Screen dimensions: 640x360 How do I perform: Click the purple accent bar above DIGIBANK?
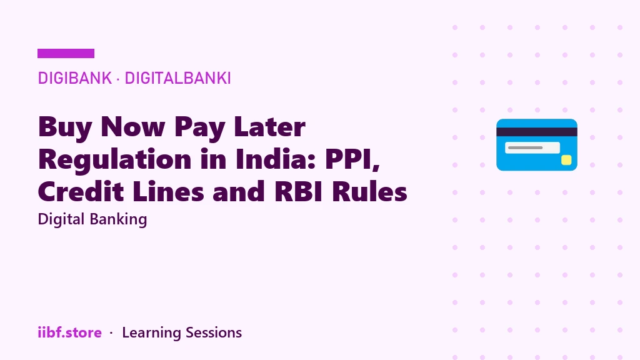pyautogui.click(x=66, y=54)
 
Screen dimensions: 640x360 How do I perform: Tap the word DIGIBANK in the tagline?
pyautogui.click(x=75, y=78)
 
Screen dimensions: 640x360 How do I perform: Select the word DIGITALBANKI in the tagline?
pyautogui.click(x=177, y=78)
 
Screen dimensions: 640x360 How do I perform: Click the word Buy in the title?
pyautogui.click(x=65, y=127)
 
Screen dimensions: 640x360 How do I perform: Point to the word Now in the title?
pyautogui.click(x=132, y=127)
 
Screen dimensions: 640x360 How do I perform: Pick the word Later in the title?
pyautogui.click(x=269, y=127)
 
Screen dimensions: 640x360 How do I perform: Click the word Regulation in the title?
pyautogui.click(x=115, y=159)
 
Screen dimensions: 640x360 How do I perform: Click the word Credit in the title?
pyautogui.click(x=81, y=191)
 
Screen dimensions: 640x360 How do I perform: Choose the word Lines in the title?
pyautogui.click(x=168, y=191)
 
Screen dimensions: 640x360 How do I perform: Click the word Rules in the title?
pyautogui.click(x=369, y=191)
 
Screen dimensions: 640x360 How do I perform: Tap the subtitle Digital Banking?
pyautogui.click(x=92, y=219)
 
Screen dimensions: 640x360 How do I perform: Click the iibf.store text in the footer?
pyautogui.click(x=70, y=332)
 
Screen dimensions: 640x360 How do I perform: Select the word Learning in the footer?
pyautogui.click(x=151, y=333)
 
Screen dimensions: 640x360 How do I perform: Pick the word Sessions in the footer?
pyautogui.click(x=214, y=332)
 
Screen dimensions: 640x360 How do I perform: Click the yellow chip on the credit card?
pyautogui.click(x=566, y=160)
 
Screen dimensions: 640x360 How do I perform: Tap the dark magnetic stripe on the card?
pyautogui.click(x=537, y=132)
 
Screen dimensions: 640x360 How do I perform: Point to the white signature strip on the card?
pyautogui.click(x=532, y=147)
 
